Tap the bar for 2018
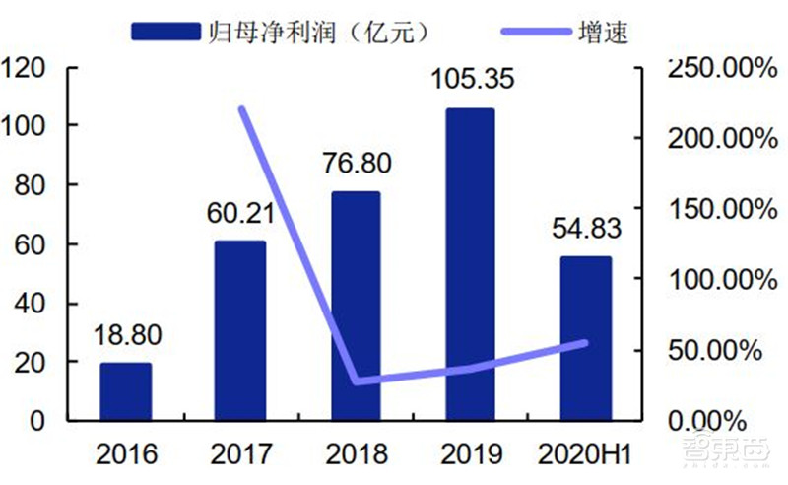pos(356,306)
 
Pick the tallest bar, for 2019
pos(470,264)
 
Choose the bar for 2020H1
pos(585,338)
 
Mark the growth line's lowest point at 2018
pos(356,381)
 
